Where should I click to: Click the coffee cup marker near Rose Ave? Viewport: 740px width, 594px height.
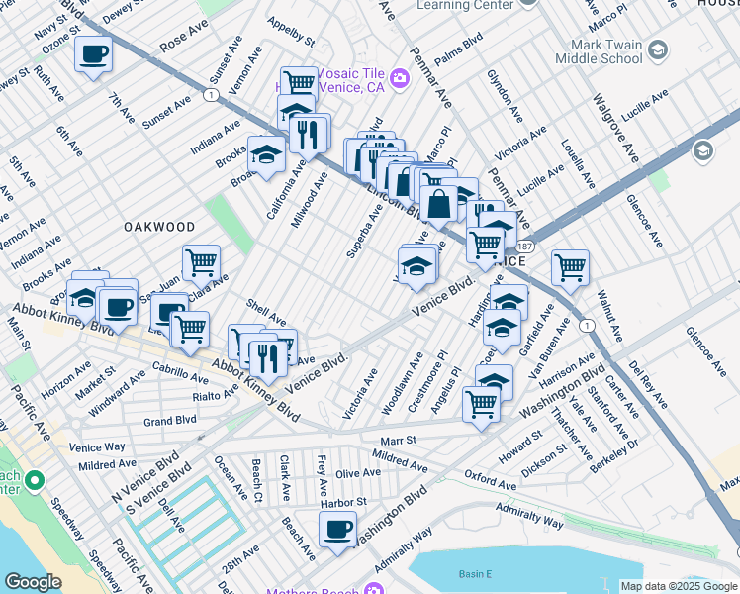(x=93, y=53)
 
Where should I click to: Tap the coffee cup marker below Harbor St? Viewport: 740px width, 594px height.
(x=338, y=529)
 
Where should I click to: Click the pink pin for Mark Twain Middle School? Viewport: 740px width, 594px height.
(x=662, y=48)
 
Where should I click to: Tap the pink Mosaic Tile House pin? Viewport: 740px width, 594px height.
(x=400, y=77)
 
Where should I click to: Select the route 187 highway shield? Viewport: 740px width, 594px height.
(x=524, y=246)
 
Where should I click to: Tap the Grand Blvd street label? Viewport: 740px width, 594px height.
(x=169, y=420)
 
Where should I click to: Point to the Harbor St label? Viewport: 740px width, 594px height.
(x=343, y=502)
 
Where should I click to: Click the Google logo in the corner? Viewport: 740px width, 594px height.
(x=33, y=582)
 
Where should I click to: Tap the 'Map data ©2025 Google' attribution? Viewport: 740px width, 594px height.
(x=678, y=586)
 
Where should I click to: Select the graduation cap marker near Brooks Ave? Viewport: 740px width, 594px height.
(x=266, y=154)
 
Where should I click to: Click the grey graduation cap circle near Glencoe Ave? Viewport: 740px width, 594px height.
(x=702, y=150)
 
